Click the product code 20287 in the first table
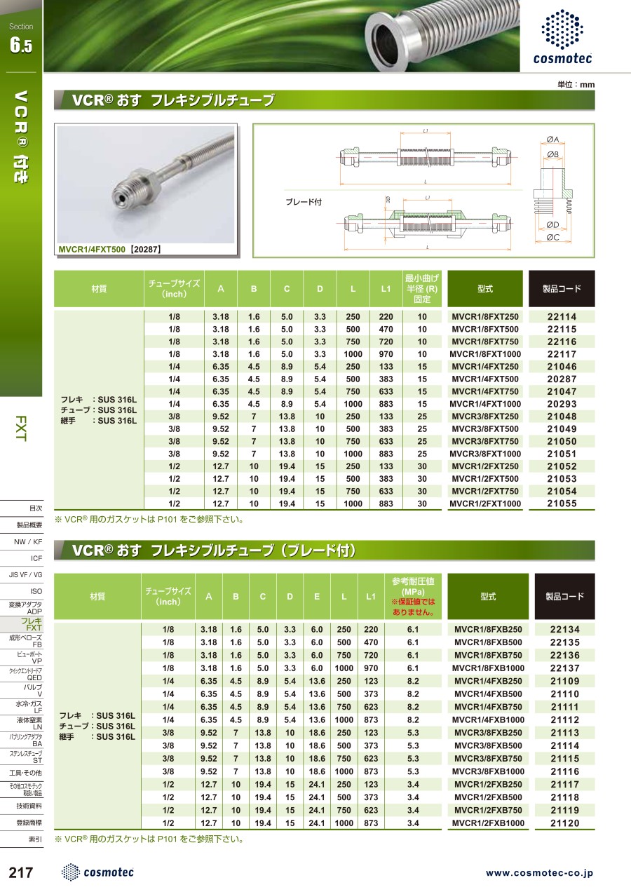(x=562, y=379)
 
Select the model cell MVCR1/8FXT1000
(x=485, y=354)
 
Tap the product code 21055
(x=562, y=504)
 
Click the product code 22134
(x=565, y=630)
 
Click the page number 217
(x=21, y=872)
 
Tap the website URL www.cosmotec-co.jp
(x=539, y=873)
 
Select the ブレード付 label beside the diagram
(x=303, y=202)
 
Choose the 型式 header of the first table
(x=485, y=289)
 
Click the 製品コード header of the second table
(x=564, y=597)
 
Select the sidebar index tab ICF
(x=36, y=558)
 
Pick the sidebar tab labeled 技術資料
(x=29, y=806)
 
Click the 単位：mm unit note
(x=576, y=84)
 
